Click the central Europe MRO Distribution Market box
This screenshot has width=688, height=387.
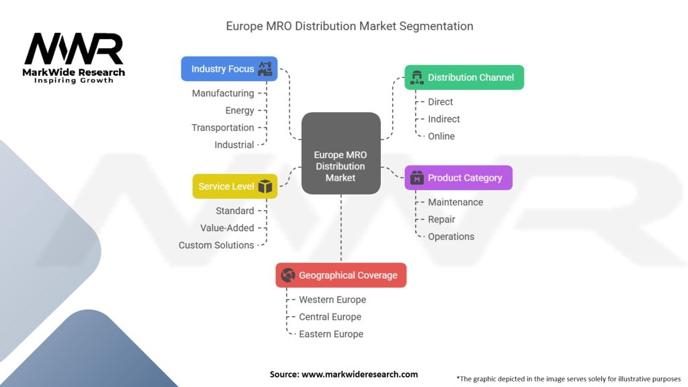point(341,153)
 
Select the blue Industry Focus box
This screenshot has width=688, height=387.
point(229,69)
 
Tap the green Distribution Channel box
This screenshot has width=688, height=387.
point(464,77)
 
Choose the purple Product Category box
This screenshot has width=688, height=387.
point(458,177)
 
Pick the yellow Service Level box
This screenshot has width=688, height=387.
point(234,187)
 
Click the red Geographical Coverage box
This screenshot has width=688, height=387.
point(341,275)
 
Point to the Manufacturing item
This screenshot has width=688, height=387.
point(223,93)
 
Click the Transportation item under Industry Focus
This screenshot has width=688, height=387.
point(223,128)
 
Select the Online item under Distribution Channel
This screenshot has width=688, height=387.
point(441,136)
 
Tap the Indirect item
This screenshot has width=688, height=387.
point(444,119)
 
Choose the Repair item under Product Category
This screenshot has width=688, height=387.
point(441,220)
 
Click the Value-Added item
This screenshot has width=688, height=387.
point(227,228)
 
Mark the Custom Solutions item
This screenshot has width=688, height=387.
point(216,245)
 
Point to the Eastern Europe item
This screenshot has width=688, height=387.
point(331,334)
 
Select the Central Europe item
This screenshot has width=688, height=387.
point(331,317)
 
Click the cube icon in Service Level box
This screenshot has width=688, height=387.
point(265,187)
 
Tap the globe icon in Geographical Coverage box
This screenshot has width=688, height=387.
point(288,275)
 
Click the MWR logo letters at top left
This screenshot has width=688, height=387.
point(74,48)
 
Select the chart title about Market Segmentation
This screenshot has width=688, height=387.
point(349,26)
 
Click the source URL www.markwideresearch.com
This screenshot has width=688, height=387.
point(360,374)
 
